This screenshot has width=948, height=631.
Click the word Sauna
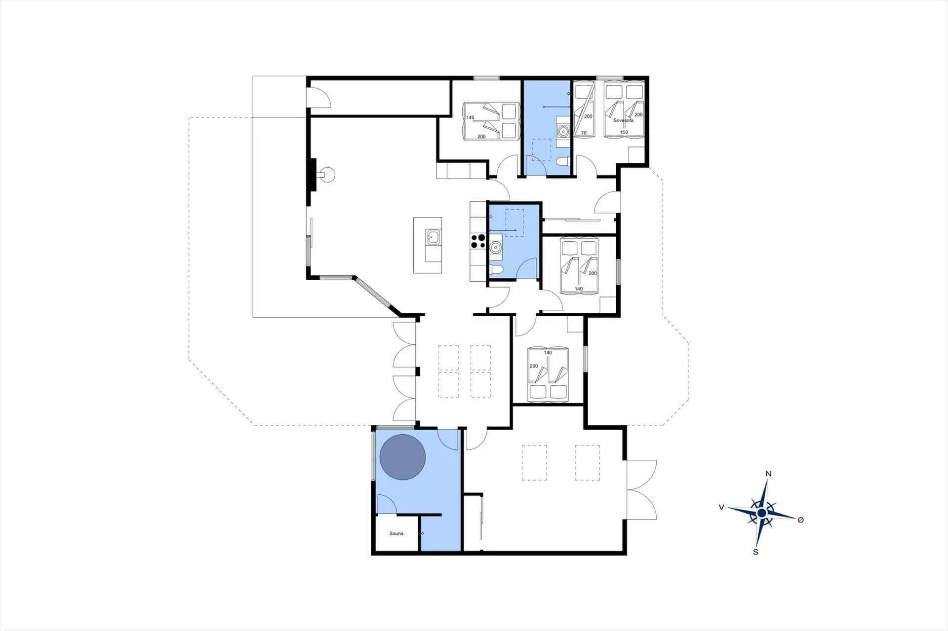click(396, 533)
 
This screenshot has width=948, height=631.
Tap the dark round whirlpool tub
click(402, 457)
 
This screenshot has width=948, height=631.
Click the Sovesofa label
click(623, 120)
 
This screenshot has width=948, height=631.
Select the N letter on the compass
click(768, 474)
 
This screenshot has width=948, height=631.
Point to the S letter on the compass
click(755, 552)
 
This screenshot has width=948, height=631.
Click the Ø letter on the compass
click(800, 520)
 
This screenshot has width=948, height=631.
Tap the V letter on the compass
click(721, 507)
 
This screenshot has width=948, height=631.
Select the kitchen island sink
click(87, 237)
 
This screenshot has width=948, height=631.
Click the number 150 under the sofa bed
click(624, 132)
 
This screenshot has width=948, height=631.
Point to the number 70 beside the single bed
click(584, 133)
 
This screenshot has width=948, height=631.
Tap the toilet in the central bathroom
click(496, 269)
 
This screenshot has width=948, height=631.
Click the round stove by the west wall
click(327, 175)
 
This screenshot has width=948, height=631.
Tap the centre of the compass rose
click(762, 514)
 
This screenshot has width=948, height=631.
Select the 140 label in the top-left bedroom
click(470, 118)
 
